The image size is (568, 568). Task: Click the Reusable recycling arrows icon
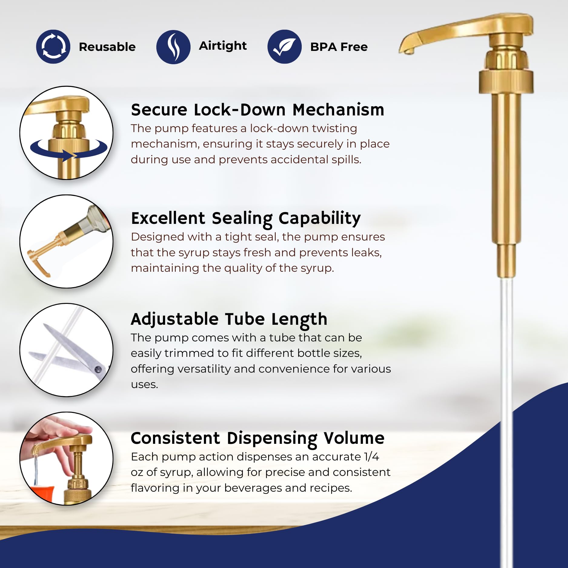point(53,47)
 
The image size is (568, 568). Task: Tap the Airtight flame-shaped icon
point(173,47)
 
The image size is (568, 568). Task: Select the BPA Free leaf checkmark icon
point(284,47)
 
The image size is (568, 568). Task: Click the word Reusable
point(107,47)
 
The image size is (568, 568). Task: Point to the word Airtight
point(223,46)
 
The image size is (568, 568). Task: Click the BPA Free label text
point(339,47)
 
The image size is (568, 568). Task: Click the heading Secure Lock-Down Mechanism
point(257,109)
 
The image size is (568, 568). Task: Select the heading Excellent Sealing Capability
point(246,218)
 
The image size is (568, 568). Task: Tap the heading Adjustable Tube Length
point(229,319)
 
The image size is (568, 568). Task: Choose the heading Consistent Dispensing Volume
point(257,438)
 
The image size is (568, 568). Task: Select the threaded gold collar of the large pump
point(506,82)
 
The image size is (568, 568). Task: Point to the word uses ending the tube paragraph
point(144,385)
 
